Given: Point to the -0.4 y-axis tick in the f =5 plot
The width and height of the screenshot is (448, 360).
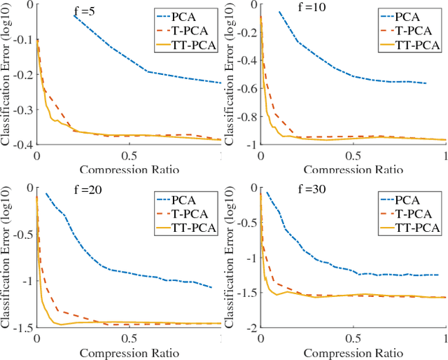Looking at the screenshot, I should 21,144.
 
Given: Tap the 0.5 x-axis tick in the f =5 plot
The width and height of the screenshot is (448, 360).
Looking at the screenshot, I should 128,155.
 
